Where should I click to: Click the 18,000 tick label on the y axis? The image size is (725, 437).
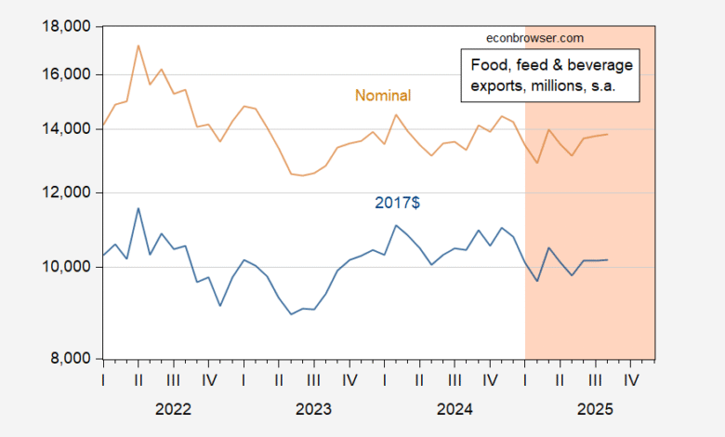[x=68, y=27]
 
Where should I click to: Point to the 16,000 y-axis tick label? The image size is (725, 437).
[x=68, y=74]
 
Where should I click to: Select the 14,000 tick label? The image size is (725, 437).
[x=68, y=128]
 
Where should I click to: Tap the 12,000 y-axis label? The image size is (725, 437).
[x=68, y=192]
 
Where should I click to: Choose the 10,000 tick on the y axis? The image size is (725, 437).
[x=68, y=267]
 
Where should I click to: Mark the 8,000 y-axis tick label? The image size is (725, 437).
[x=72, y=359]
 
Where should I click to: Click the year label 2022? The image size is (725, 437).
[x=173, y=408]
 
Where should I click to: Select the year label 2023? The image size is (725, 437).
[x=313, y=408]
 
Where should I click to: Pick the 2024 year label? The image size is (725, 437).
[x=455, y=408]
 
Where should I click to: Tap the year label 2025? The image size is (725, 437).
[x=595, y=408]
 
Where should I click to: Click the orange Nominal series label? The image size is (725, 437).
[x=383, y=96]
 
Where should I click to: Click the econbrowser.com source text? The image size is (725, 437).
[x=535, y=38]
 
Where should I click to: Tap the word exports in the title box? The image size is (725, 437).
[x=490, y=86]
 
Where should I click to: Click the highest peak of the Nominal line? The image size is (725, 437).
[x=138, y=45]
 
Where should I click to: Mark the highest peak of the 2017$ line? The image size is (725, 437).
[x=138, y=208]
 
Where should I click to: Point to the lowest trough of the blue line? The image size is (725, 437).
[x=291, y=314]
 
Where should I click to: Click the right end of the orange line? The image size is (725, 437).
[x=608, y=134]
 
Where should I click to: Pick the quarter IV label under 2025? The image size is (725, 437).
[x=631, y=380]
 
